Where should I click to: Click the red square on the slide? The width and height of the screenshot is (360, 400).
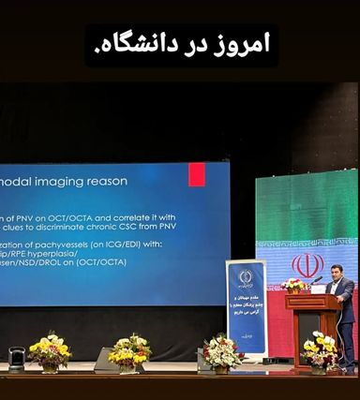[197, 174]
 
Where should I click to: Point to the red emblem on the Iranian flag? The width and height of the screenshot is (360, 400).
[307, 265]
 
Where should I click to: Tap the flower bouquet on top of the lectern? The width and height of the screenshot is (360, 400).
[294, 286]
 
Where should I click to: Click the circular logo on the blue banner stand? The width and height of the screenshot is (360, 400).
[246, 277]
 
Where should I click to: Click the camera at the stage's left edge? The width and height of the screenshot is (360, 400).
[16, 357]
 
